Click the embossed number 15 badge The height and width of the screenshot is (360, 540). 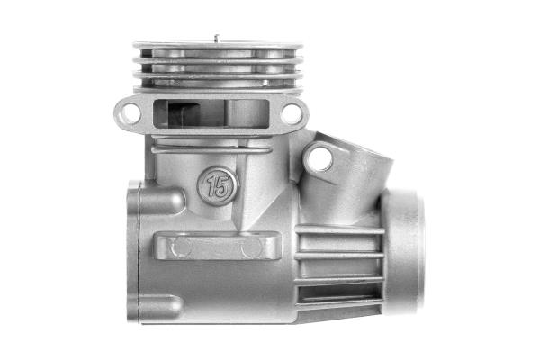click(x=218, y=186)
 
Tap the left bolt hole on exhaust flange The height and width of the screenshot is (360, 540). click(x=130, y=113)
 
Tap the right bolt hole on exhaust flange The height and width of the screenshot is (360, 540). click(x=292, y=114)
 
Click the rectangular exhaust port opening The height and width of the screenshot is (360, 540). click(x=211, y=113)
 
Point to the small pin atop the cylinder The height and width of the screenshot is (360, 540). click(x=217, y=38)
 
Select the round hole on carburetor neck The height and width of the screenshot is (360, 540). click(x=319, y=158)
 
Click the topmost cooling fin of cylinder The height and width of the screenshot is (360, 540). click(x=218, y=46)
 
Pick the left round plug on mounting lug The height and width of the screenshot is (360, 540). click(x=183, y=247)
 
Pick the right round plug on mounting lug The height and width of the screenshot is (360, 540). click(x=252, y=247)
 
